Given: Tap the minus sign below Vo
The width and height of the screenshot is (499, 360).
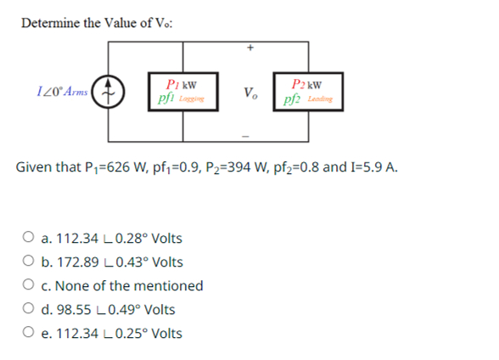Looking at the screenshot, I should click(x=249, y=135).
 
